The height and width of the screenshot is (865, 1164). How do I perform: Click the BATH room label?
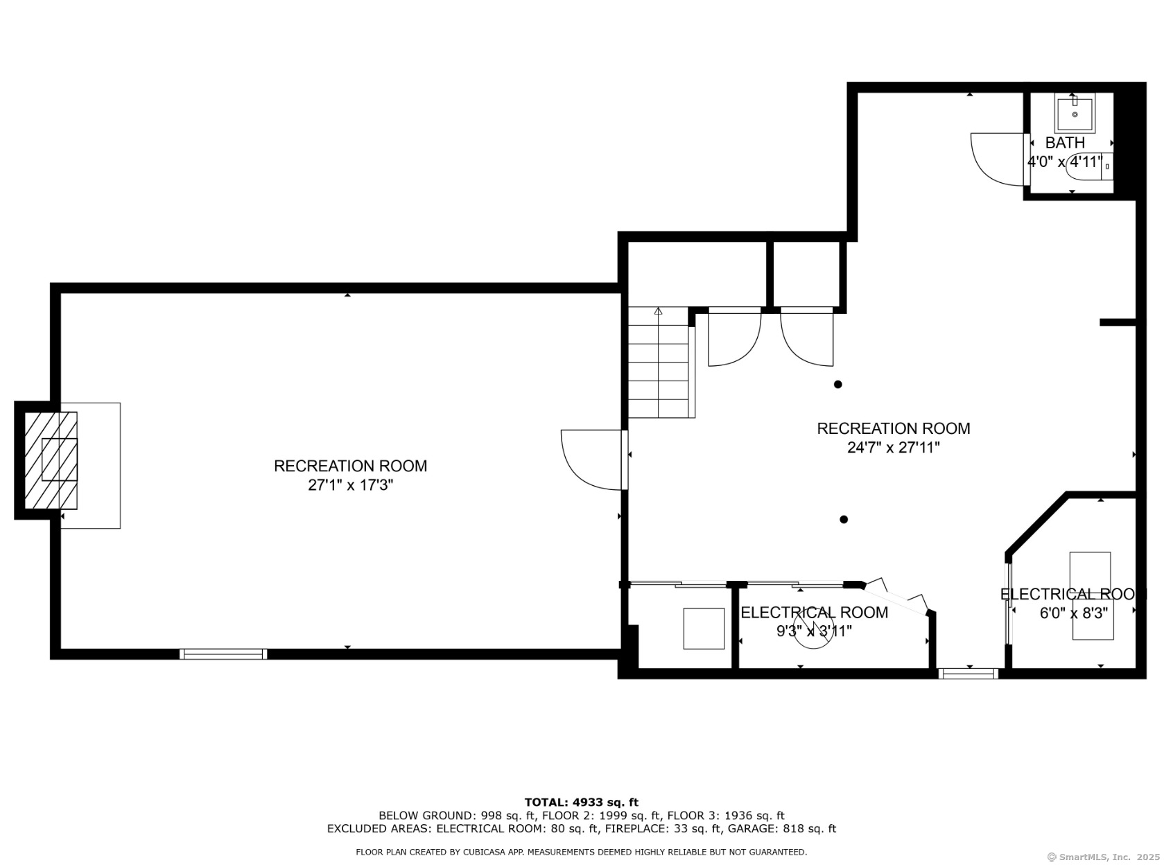click(1065, 142)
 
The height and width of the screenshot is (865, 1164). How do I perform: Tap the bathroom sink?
click(1075, 113)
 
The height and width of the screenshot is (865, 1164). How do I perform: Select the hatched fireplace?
click(51, 460)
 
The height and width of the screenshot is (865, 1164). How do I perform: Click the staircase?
click(661, 362)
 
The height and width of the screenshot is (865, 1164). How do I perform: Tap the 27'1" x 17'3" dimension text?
click(350, 485)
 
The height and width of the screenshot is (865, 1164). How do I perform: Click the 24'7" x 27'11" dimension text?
click(893, 447)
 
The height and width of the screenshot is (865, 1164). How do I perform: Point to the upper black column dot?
click(838, 384)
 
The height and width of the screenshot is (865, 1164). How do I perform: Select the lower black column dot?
click(844, 520)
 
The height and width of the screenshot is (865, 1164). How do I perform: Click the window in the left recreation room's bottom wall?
click(223, 654)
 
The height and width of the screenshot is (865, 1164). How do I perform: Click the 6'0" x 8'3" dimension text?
click(1073, 613)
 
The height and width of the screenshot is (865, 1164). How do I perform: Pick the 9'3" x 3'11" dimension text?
click(814, 630)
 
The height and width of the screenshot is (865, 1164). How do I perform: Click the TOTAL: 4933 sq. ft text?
click(582, 802)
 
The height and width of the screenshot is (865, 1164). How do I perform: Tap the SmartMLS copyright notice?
click(1104, 857)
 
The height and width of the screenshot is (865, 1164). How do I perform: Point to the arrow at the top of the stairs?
click(658, 311)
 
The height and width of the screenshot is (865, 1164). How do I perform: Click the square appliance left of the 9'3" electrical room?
click(704, 628)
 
